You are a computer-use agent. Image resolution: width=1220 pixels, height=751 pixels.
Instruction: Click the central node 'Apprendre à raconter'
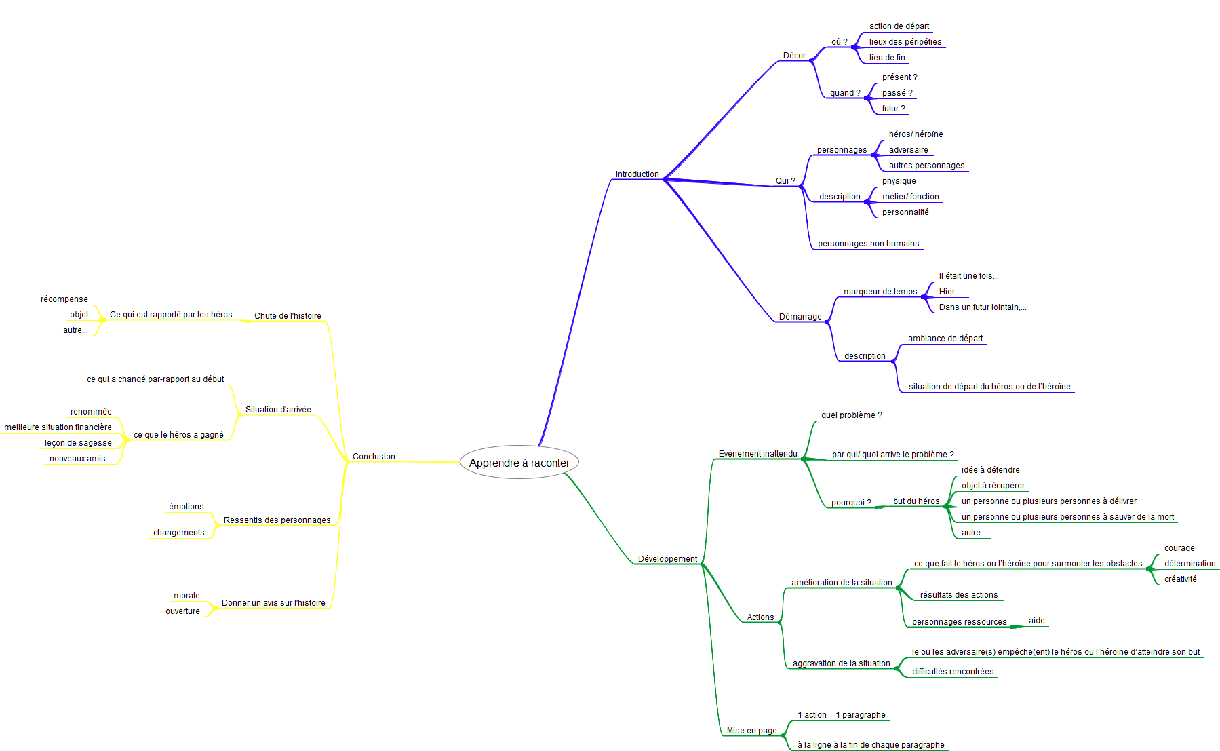tap(519, 463)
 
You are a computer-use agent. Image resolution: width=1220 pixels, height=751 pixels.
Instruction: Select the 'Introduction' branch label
tap(637, 174)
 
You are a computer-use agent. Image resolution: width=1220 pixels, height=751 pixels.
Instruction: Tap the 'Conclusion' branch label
tap(374, 457)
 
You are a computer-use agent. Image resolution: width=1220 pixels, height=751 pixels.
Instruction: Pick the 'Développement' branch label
tap(667, 559)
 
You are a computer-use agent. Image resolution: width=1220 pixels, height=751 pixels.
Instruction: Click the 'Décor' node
tap(794, 56)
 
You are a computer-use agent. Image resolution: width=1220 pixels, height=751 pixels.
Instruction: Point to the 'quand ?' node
tap(845, 93)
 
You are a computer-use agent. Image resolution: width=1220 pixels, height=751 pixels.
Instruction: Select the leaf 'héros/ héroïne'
tap(916, 134)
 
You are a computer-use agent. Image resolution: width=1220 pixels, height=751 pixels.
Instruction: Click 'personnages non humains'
tap(868, 244)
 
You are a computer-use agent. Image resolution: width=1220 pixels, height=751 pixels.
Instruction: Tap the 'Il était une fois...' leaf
tap(968, 276)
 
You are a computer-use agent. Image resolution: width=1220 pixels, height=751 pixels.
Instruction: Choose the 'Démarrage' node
tap(800, 317)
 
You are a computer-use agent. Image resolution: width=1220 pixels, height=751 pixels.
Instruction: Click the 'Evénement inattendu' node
tap(757, 454)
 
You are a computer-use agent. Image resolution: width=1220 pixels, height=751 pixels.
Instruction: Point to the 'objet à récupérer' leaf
tap(993, 486)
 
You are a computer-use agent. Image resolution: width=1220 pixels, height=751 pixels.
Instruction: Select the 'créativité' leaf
tap(1180, 579)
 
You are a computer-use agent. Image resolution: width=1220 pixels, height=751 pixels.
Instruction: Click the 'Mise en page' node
tap(751, 731)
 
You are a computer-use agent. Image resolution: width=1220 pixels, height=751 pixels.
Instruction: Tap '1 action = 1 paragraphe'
tap(841, 715)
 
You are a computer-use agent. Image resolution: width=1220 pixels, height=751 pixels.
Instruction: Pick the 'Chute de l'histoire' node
tap(288, 316)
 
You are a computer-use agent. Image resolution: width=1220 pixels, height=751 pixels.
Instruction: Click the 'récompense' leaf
tap(64, 299)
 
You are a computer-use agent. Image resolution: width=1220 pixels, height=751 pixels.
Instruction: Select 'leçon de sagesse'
tap(78, 443)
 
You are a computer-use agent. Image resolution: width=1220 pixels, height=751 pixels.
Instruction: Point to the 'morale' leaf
tap(186, 596)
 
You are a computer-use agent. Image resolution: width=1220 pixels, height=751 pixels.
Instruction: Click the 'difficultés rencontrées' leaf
tap(952, 672)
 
